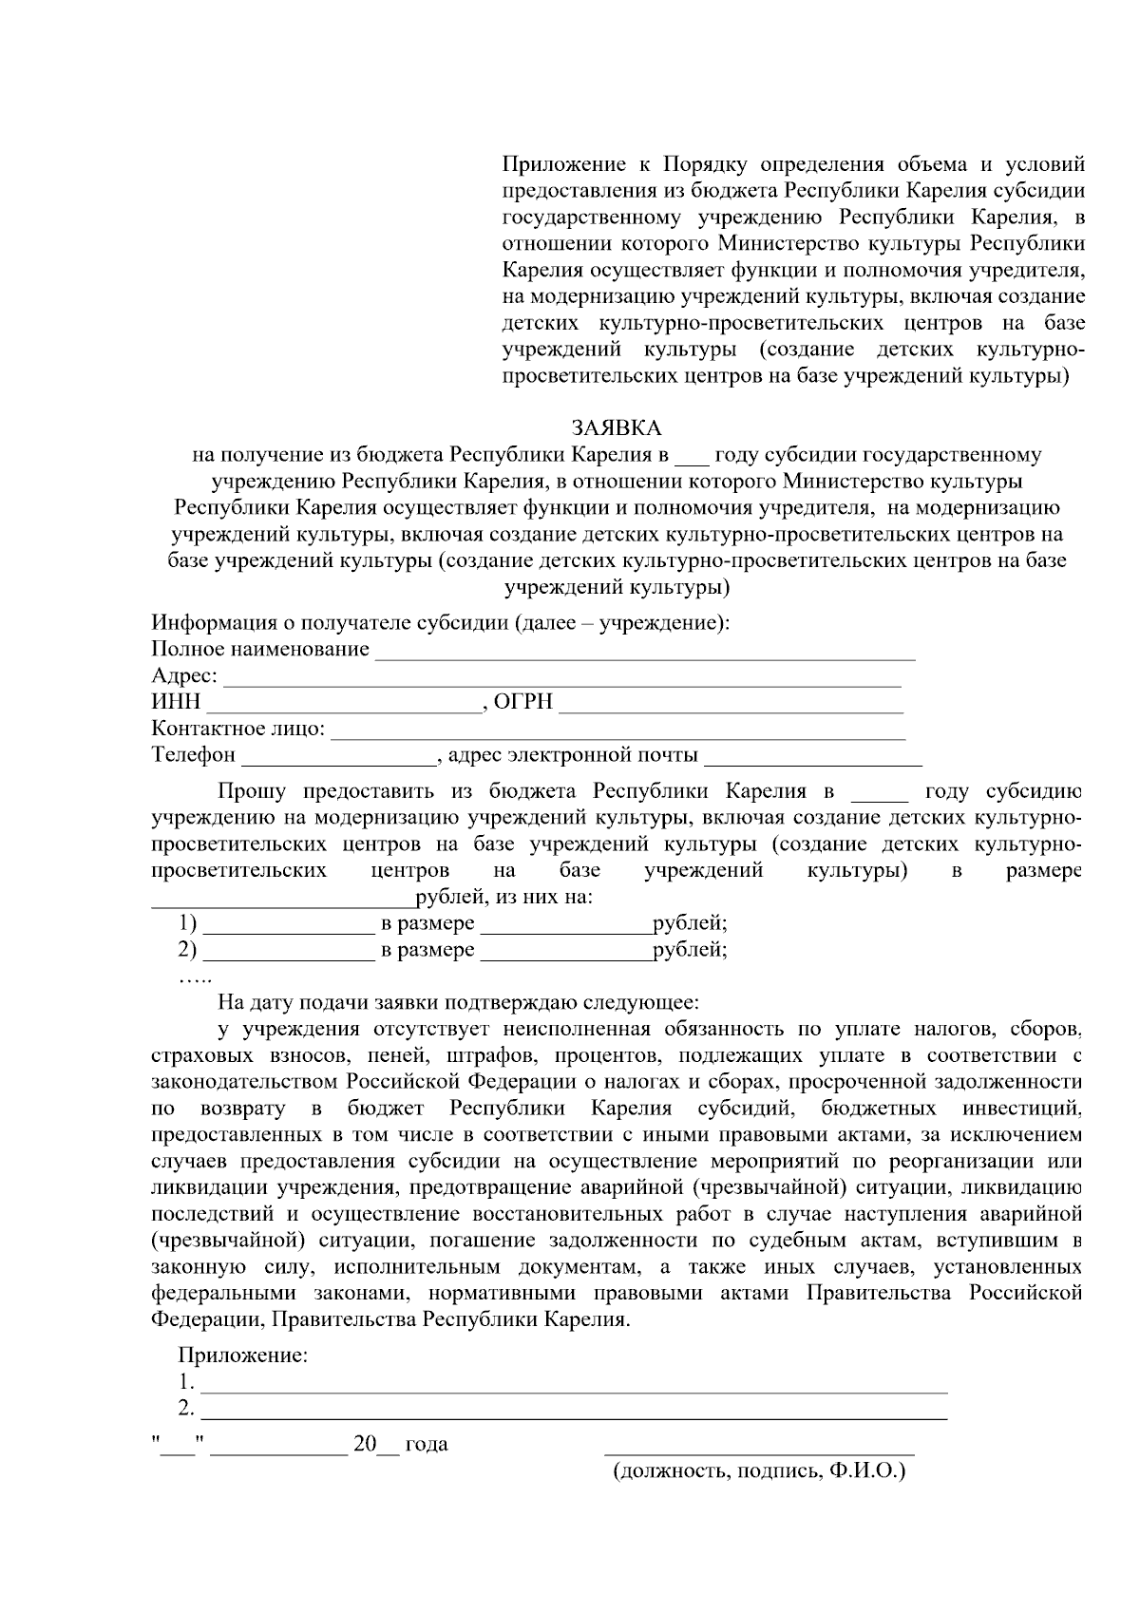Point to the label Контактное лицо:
click(237, 730)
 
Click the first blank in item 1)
click(290, 925)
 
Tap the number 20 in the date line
click(364, 1445)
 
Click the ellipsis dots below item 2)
click(194, 978)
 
